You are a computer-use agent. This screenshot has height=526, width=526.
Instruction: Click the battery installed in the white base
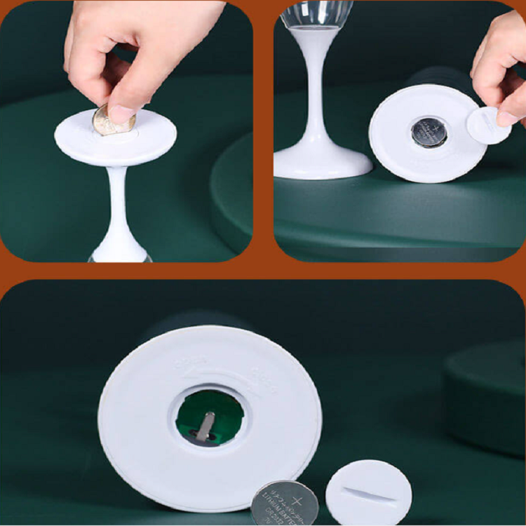pyautogui.click(x=429, y=132)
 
